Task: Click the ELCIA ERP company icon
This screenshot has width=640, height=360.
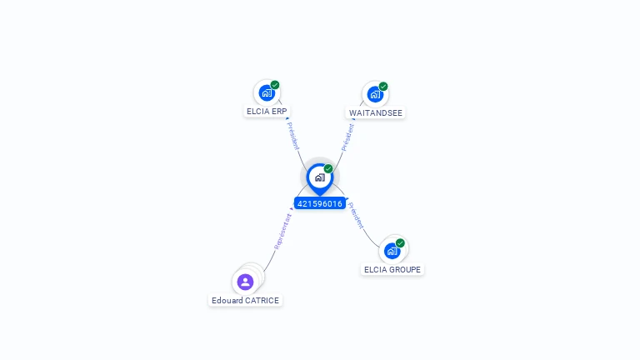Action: (266, 92)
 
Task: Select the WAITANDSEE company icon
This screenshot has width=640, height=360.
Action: (375, 94)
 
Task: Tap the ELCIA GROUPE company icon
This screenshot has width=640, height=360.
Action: (392, 250)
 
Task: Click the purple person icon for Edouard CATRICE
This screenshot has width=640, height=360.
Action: (245, 282)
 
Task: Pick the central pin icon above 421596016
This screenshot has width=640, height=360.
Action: (319, 177)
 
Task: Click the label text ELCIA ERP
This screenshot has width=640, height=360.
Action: (267, 111)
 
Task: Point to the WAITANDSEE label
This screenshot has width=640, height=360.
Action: (376, 112)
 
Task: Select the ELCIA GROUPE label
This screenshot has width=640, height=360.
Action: (392, 269)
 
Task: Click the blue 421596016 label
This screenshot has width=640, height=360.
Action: (319, 203)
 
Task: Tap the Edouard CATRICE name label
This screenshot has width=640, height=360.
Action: (246, 300)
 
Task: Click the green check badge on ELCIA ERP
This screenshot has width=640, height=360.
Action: (275, 85)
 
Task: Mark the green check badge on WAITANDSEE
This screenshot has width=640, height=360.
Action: (383, 86)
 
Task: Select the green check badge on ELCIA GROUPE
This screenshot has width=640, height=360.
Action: (400, 243)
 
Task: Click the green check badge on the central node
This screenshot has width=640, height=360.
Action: (328, 169)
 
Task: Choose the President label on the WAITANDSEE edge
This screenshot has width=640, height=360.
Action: (347, 137)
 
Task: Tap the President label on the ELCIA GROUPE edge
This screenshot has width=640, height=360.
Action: (356, 216)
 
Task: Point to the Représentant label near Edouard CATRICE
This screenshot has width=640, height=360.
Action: (282, 232)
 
